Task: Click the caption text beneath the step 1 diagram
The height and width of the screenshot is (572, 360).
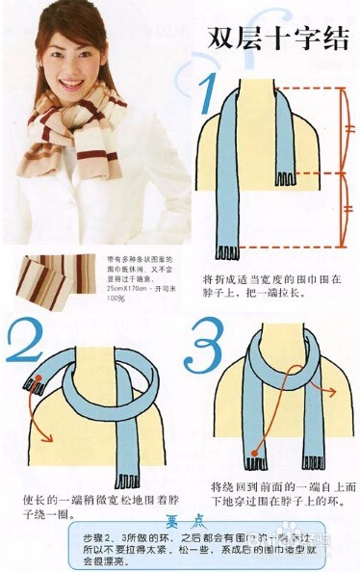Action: [x=272, y=286]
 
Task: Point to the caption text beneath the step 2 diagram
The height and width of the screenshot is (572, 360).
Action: [x=87, y=507]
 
